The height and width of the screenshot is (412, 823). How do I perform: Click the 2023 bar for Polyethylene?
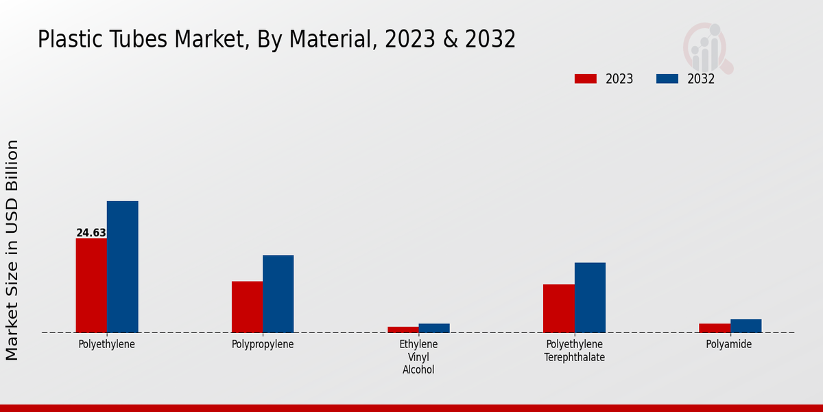pyautogui.click(x=91, y=286)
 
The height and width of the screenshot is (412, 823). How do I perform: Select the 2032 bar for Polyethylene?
pyautogui.click(x=122, y=267)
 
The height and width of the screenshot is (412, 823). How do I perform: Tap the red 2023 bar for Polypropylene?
pyautogui.click(x=247, y=307)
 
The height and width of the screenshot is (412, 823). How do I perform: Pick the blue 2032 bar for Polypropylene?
pyautogui.click(x=278, y=294)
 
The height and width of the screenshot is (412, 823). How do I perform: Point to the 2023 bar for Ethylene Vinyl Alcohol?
pyautogui.click(x=403, y=330)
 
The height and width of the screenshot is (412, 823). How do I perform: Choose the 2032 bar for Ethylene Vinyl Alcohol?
pyautogui.click(x=434, y=328)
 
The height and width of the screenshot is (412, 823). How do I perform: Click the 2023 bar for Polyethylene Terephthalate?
pyautogui.click(x=559, y=308)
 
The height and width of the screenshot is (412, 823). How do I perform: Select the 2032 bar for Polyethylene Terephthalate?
pyautogui.click(x=590, y=297)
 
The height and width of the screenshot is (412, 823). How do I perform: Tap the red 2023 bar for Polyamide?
pyautogui.click(x=715, y=328)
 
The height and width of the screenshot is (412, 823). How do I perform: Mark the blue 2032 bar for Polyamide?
pyautogui.click(x=746, y=326)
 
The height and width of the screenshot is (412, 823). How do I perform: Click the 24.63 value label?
pyautogui.click(x=91, y=233)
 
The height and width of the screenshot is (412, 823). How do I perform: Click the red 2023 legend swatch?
pyautogui.click(x=585, y=79)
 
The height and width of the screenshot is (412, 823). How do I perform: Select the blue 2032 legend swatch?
pyautogui.click(x=667, y=79)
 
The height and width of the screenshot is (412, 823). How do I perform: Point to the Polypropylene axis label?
pyautogui.click(x=263, y=344)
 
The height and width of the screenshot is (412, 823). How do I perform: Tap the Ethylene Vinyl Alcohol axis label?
pyautogui.click(x=418, y=356)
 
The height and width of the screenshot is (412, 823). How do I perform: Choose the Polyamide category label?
pyautogui.click(x=729, y=344)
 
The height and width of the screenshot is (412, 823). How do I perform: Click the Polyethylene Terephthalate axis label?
pyautogui.click(x=575, y=350)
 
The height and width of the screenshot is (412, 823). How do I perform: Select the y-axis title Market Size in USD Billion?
pyautogui.click(x=12, y=250)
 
